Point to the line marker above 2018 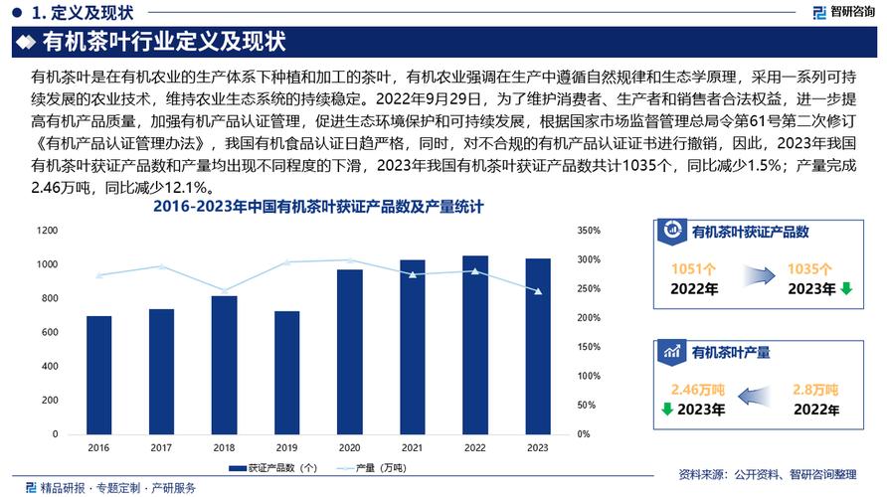coord(224,291)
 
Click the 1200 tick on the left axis coord(48,231)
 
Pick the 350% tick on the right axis coord(589,231)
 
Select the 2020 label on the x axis coord(349,448)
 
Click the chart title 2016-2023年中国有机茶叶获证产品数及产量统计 coord(317,208)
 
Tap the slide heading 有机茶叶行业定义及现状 coord(164,43)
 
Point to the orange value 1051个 coord(695,268)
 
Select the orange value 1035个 coord(809,268)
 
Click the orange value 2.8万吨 coord(816,389)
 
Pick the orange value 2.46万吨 coord(697,389)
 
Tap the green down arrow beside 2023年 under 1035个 coord(846,289)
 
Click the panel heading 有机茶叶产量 coord(731,351)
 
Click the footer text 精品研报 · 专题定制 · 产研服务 coord(117,487)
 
